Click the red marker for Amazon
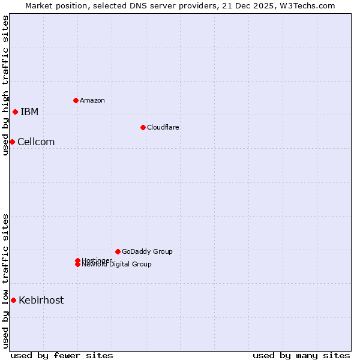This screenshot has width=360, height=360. (x=76, y=100)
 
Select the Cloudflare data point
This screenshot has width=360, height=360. (x=143, y=127)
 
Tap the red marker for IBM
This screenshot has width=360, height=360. (x=15, y=112)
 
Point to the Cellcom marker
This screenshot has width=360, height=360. (x=12, y=142)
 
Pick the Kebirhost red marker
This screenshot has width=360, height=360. (x=13, y=300)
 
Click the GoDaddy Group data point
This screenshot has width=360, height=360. (x=118, y=251)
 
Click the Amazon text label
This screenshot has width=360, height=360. (x=92, y=100)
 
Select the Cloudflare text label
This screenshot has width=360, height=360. (x=163, y=127)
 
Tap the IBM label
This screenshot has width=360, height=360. (x=29, y=112)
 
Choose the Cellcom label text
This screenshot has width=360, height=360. (x=36, y=142)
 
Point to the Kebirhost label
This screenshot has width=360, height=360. (x=41, y=301)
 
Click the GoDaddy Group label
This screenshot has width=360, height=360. (x=147, y=251)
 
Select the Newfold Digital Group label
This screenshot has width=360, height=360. (x=117, y=265)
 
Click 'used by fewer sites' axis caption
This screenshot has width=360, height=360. (x=62, y=355)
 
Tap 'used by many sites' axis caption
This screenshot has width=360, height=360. (x=301, y=355)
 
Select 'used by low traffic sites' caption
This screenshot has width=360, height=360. (x=5, y=281)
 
